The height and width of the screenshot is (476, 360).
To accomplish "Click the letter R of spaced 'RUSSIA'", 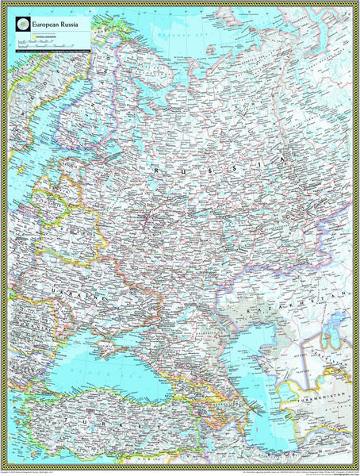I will pyautogui.click(x=158, y=170).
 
